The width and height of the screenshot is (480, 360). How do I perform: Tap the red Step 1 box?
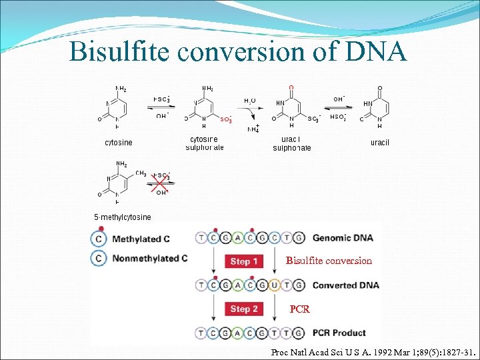click(244, 261)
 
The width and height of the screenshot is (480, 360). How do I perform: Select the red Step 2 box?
click(244, 309)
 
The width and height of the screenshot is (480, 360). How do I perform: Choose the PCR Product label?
click(339, 333)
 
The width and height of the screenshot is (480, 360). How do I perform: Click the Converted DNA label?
click(345, 285)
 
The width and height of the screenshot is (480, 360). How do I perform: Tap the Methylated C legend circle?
click(99, 239)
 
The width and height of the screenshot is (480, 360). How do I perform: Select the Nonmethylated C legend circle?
click(99, 259)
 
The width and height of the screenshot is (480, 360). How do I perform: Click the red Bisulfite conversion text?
click(329, 261)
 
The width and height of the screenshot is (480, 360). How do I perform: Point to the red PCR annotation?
click(299, 309)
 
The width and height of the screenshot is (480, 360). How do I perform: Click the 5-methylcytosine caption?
click(122, 217)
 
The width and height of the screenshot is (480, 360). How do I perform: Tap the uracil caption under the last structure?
click(379, 143)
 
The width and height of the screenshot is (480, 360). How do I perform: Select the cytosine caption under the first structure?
click(119, 143)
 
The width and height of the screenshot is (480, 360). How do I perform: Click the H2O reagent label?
click(249, 100)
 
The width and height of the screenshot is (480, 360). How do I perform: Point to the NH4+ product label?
click(253, 129)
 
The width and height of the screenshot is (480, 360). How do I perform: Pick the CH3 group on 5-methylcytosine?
click(141, 173)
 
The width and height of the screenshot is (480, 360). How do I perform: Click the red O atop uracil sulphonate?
click(291, 87)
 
